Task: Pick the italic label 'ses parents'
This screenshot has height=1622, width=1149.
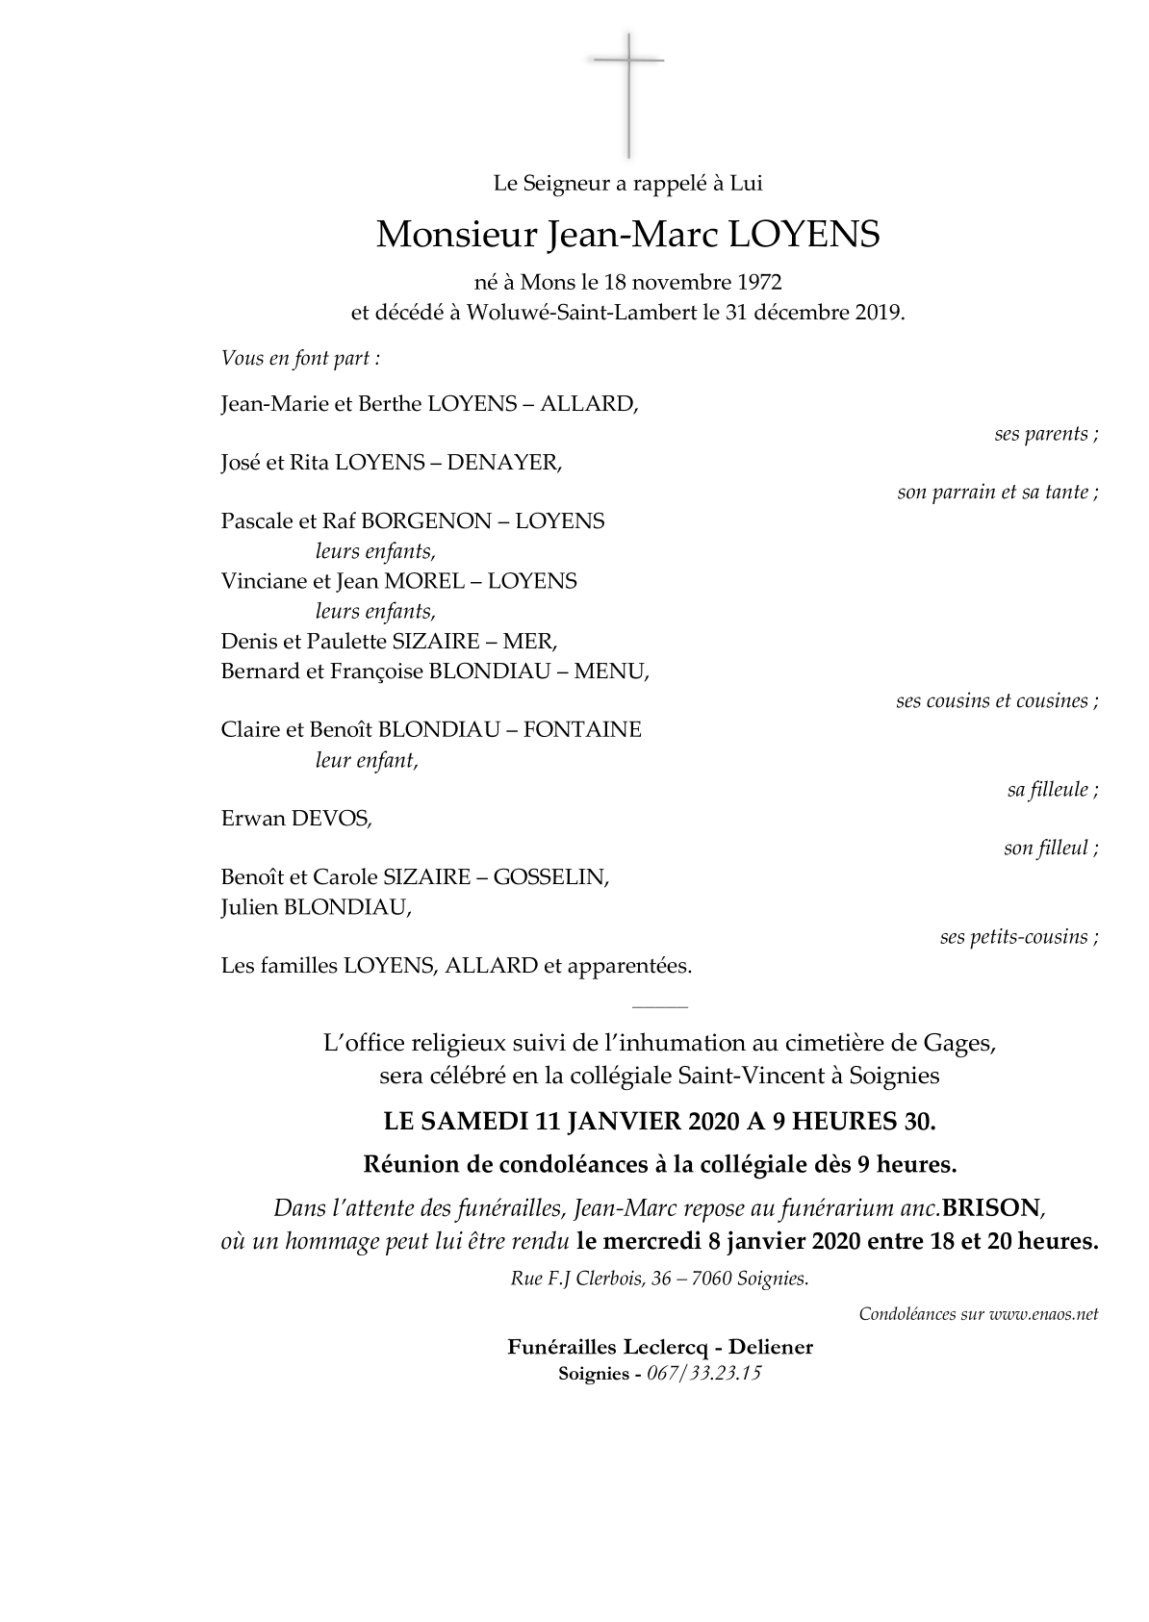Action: click(1045, 434)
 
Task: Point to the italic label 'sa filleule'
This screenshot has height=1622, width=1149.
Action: click(1052, 790)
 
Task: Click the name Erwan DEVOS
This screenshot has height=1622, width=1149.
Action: click(295, 819)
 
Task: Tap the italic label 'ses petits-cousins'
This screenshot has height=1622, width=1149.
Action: click(1018, 937)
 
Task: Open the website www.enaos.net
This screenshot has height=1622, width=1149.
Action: click(1043, 1314)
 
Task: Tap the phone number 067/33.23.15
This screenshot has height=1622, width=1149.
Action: click(703, 1374)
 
